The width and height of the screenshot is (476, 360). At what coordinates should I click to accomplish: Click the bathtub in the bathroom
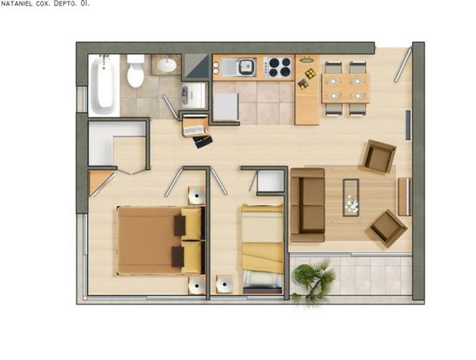point(102,85)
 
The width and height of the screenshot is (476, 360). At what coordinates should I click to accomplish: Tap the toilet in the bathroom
point(135,71)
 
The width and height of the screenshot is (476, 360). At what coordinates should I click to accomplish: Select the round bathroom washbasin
point(166,65)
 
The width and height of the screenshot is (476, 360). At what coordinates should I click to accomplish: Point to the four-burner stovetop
point(277,67)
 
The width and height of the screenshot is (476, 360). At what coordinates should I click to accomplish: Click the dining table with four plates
point(346,89)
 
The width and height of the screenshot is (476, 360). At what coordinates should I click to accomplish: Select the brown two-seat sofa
point(307,205)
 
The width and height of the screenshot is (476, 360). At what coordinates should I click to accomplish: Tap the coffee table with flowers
point(351,197)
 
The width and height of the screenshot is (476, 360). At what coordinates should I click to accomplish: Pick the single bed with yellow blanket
point(262,248)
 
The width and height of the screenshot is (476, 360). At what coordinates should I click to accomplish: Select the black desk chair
point(203,142)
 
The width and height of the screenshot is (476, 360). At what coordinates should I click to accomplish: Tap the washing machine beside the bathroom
point(194,95)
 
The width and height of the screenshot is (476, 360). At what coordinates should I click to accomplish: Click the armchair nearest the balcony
point(388,228)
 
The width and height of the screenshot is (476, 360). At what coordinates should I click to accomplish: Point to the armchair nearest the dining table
point(380,156)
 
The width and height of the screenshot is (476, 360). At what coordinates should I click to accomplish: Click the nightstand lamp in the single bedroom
point(225,284)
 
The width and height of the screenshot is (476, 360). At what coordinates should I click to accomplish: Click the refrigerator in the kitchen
point(226,107)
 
